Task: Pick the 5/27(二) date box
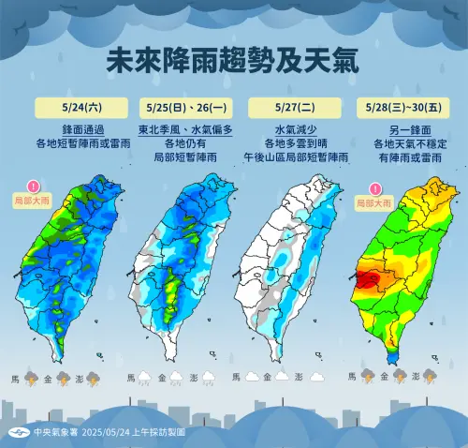[x=291, y=105]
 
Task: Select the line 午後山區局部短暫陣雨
[x=291, y=156]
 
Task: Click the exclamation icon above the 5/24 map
[x=35, y=187]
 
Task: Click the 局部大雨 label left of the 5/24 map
[x=35, y=201]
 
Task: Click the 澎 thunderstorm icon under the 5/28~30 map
[x=430, y=378]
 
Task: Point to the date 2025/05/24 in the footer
[x=106, y=433]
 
